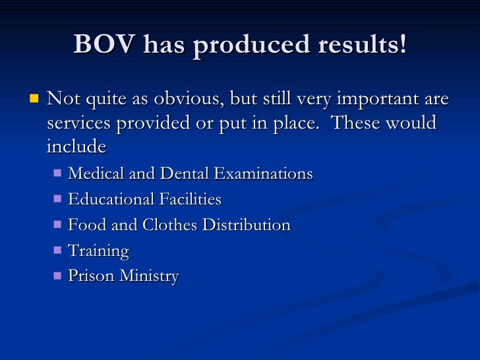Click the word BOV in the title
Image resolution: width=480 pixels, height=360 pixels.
click(x=103, y=45)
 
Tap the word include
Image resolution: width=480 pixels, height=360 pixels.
click(x=76, y=146)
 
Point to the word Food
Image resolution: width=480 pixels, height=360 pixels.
click(x=84, y=225)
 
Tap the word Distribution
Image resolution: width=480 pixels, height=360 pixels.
click(x=246, y=225)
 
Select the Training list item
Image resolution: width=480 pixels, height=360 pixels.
click(x=98, y=251)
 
